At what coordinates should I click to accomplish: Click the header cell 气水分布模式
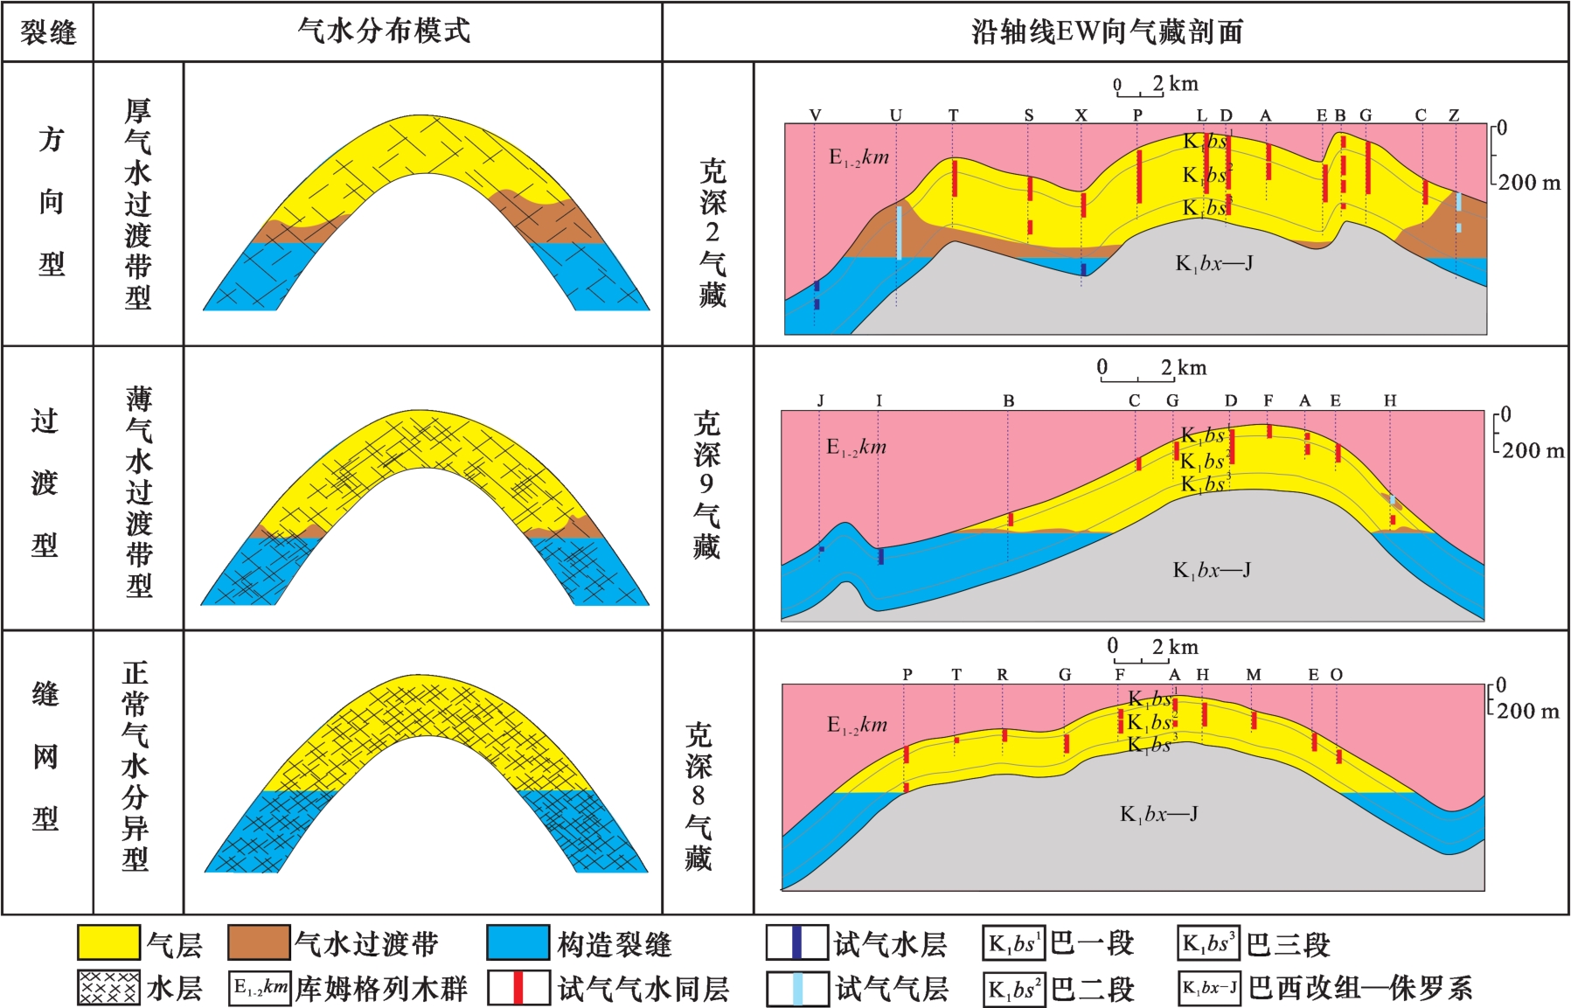click(x=384, y=31)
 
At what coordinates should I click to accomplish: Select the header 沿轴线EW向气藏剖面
click(x=1107, y=31)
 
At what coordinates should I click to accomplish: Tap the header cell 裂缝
click(x=48, y=32)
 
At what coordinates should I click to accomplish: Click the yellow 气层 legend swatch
click(x=108, y=943)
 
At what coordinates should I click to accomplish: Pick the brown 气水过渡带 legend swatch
click(x=259, y=943)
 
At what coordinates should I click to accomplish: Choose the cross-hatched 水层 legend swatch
click(x=108, y=988)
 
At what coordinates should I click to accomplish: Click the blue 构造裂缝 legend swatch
click(x=518, y=943)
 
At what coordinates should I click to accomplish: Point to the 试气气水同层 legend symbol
click(x=518, y=988)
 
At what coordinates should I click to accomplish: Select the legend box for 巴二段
click(x=1014, y=990)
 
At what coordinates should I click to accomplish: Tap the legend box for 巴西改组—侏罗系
click(x=1209, y=988)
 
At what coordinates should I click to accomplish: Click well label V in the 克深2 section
click(x=815, y=115)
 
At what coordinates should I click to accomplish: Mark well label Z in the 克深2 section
click(x=1454, y=115)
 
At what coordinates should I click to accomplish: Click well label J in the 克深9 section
click(x=820, y=400)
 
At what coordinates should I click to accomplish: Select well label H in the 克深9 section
click(x=1390, y=400)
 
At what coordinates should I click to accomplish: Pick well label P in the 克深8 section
click(x=907, y=675)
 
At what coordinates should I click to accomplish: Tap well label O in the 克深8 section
click(x=1336, y=675)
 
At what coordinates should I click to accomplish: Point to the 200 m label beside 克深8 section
click(x=1527, y=711)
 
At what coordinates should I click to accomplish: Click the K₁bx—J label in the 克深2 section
click(x=1213, y=263)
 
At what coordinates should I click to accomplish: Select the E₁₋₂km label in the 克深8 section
click(x=857, y=725)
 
